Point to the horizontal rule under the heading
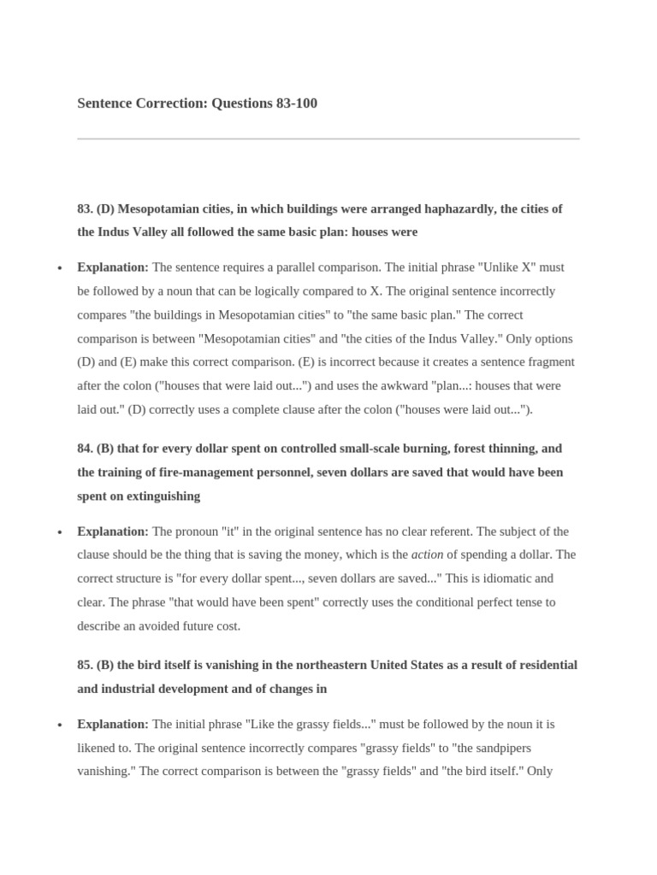tap(328, 138)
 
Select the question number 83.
tap(85, 208)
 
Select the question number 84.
tap(85, 449)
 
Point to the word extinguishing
tap(162, 496)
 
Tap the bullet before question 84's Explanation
tap(59, 532)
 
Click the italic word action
tap(428, 555)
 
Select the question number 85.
tap(85, 665)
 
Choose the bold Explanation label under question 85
tap(113, 724)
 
